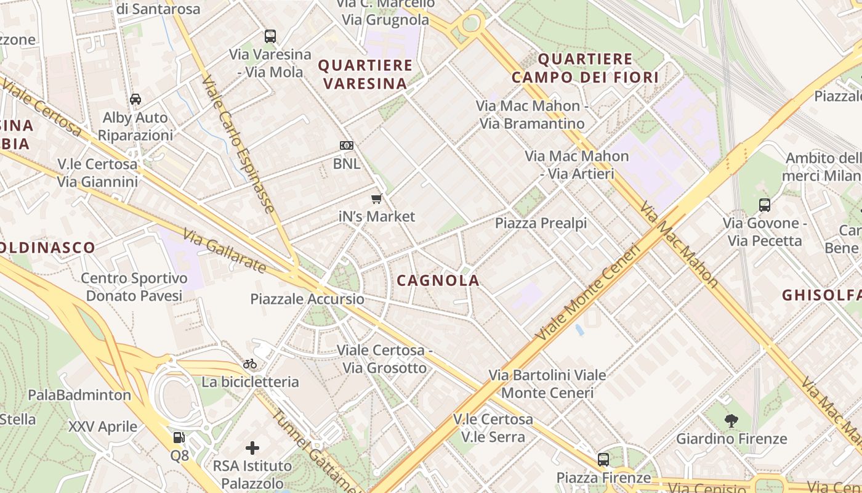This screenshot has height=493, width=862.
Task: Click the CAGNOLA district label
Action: pos(438,280)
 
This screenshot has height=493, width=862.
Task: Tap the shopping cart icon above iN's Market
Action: pos(377,198)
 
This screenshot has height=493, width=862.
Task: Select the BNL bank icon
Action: pos(347,145)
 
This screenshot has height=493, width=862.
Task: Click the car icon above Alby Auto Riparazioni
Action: pos(135,99)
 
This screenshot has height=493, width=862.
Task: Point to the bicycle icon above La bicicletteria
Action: pos(250,364)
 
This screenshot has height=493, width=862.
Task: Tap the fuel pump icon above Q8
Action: pos(179,438)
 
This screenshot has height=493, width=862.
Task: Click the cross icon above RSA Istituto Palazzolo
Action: pos(252,448)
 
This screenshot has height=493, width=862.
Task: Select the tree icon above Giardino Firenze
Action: pos(731,421)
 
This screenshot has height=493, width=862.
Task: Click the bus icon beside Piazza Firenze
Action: pos(603,460)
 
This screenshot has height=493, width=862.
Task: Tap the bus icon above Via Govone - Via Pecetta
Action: pos(765,205)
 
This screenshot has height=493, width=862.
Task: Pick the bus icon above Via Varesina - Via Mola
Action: pos(270,36)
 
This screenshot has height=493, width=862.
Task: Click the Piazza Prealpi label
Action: pos(541,223)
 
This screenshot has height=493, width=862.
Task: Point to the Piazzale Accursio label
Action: pos(307,299)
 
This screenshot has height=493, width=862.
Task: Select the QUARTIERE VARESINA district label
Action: pos(365,74)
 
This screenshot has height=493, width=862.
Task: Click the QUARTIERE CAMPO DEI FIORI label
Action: pos(585,68)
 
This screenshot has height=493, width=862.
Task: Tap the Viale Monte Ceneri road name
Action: pos(588,293)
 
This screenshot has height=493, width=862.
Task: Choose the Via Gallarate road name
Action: pos(225,251)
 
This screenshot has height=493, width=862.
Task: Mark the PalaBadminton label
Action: pos(79,395)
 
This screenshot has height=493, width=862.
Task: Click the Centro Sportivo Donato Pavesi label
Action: pos(134,287)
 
